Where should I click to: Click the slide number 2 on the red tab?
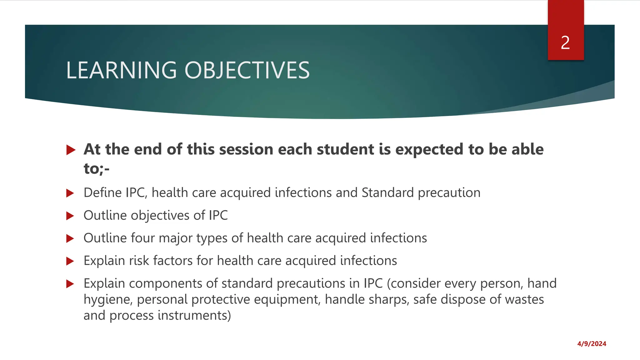click(x=565, y=43)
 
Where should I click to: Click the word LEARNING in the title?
click(x=122, y=70)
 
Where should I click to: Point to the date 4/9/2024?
click(x=592, y=344)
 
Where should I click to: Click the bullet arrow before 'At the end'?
click(x=71, y=150)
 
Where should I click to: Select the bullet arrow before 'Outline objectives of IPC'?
click(x=70, y=216)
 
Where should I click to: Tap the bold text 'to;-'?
click(x=97, y=169)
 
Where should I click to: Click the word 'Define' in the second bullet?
click(x=102, y=193)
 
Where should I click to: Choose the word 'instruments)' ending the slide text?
click(x=194, y=316)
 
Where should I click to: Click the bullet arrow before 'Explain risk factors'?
click(x=70, y=261)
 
